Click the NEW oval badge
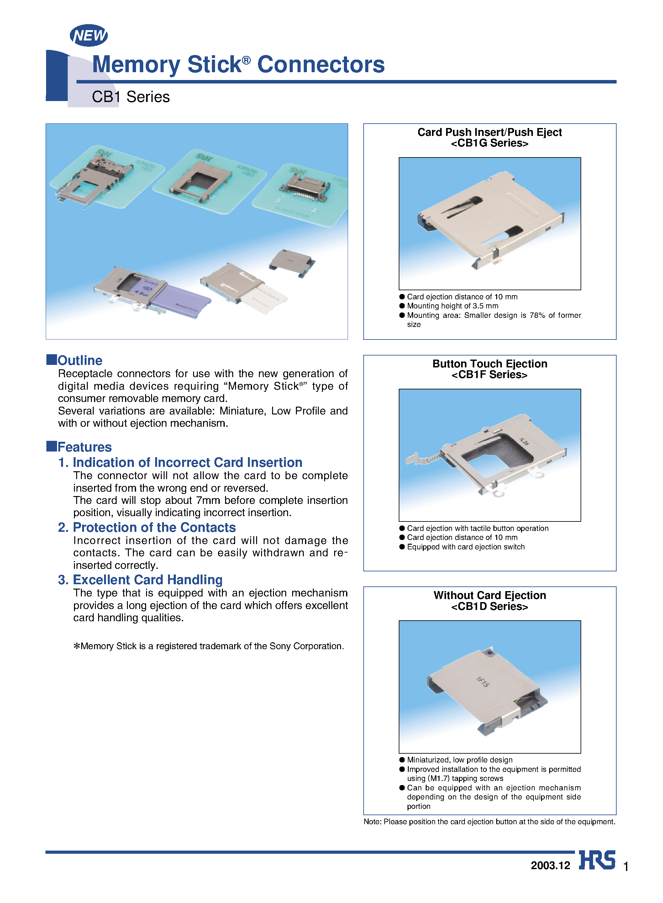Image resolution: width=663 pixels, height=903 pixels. (89, 35)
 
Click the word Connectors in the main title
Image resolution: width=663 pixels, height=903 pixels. (320, 64)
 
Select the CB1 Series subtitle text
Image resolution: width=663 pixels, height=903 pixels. (130, 97)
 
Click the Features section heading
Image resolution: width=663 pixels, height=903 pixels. (84, 447)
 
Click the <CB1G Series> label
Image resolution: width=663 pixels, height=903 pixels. (489, 143)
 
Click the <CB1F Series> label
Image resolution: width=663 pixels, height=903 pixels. (489, 375)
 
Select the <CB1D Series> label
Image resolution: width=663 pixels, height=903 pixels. (489, 606)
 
